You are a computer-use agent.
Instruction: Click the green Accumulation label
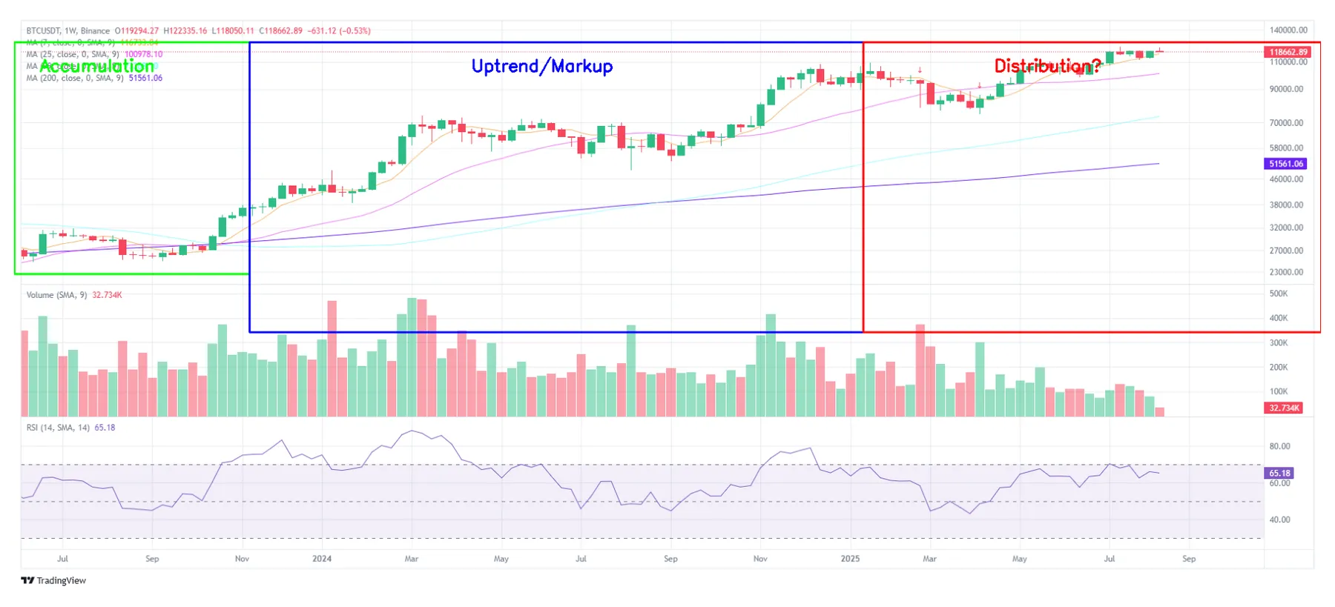97,66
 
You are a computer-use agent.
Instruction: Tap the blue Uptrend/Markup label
542,66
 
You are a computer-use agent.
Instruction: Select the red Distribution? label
1046,66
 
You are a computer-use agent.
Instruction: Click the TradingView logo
53,580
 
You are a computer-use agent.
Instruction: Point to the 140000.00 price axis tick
1288,30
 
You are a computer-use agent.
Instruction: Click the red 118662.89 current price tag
1288,52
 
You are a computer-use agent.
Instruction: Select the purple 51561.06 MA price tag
1286,164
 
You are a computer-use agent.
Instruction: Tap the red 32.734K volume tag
1284,408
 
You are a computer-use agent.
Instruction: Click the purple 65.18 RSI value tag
1279,473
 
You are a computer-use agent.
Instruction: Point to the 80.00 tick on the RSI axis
1279,446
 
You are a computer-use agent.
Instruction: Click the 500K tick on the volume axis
1279,293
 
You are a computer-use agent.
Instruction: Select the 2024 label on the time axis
322,559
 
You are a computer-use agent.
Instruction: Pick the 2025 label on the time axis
850,559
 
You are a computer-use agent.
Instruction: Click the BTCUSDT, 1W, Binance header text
68,31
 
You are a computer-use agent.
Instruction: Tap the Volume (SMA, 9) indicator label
56,295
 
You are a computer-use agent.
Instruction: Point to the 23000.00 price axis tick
1286,272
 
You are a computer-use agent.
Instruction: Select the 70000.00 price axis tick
1286,123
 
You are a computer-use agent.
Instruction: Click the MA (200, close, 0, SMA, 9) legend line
75,78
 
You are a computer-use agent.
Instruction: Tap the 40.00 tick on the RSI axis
1279,520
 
